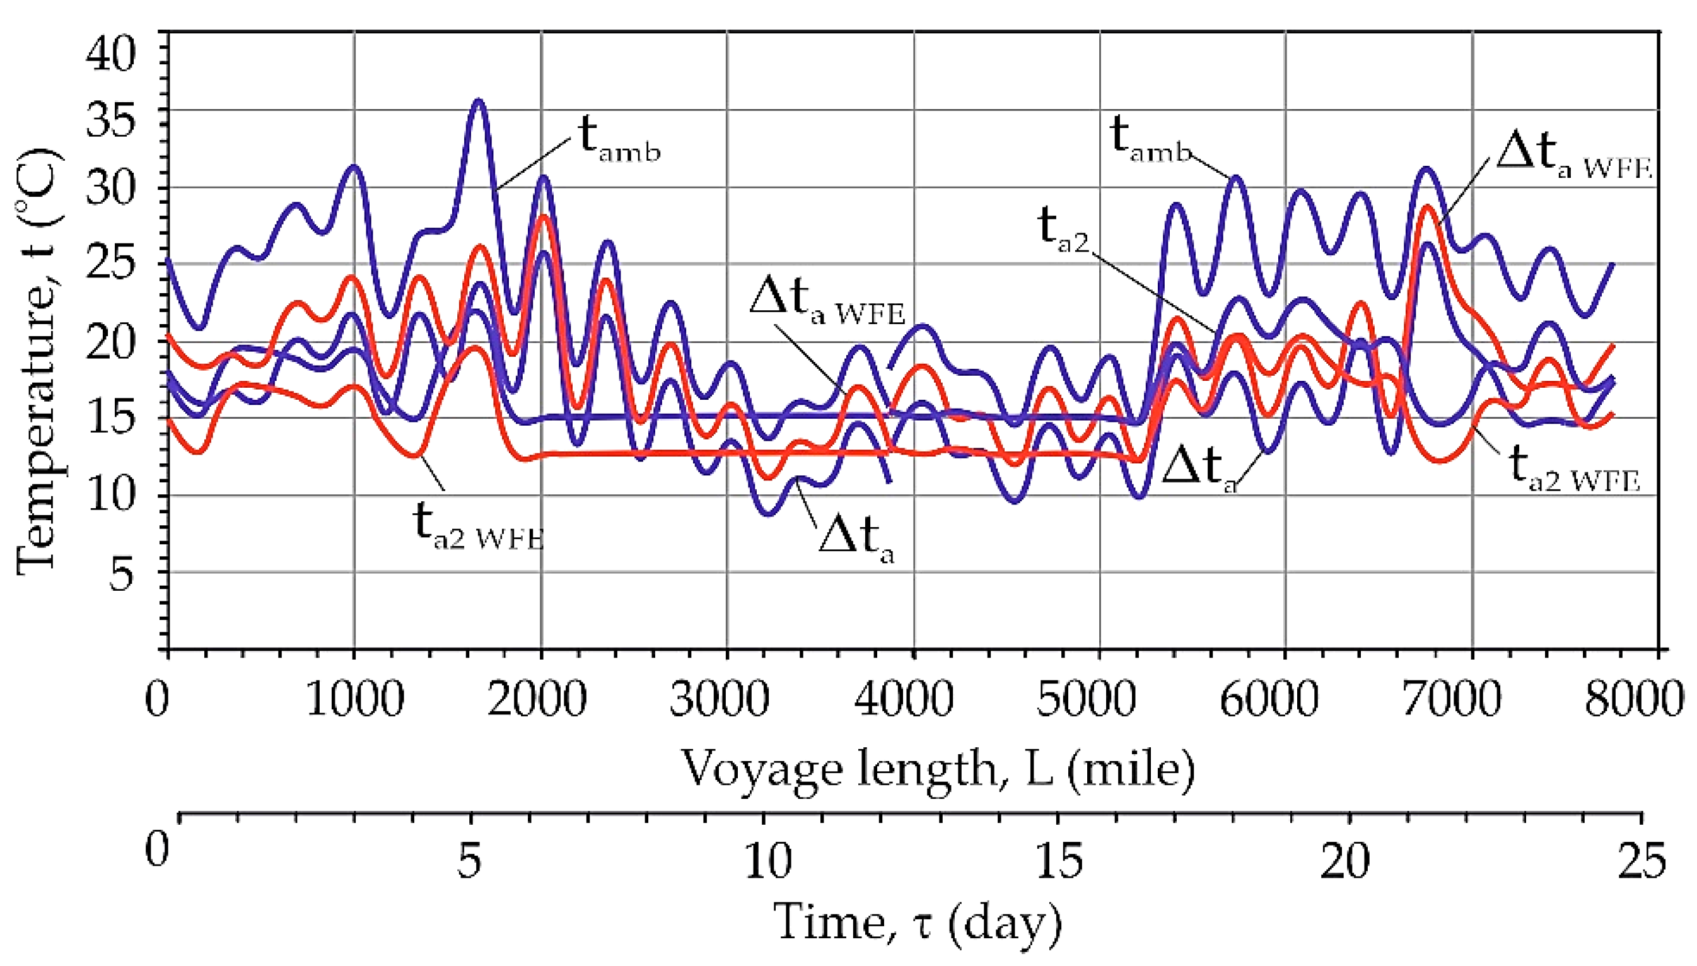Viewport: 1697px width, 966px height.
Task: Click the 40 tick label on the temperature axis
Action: coord(110,53)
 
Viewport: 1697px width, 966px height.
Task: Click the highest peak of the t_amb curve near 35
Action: coord(478,102)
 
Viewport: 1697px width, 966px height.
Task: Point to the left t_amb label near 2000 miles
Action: coord(620,141)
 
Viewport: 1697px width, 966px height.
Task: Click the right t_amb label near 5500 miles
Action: coord(1151,141)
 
